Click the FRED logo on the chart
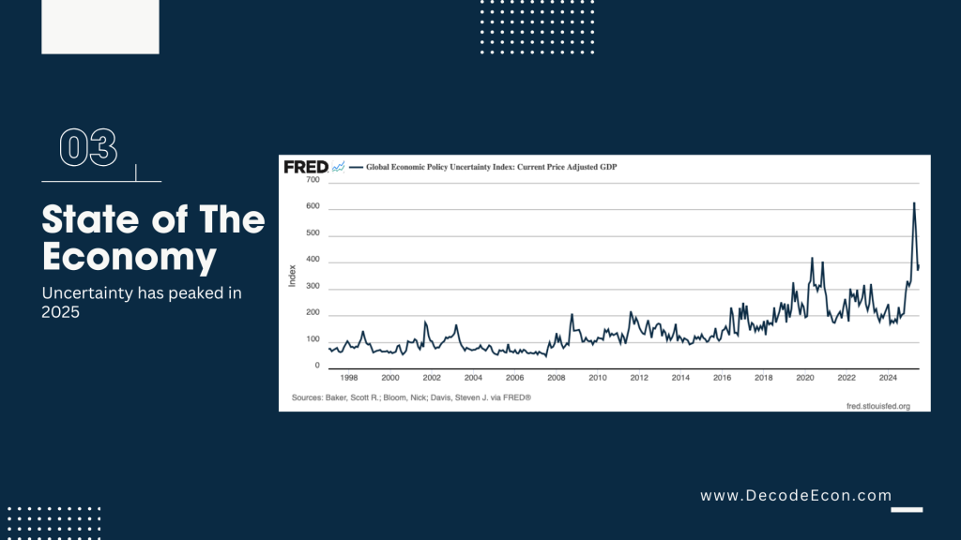[x=306, y=167]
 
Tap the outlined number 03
[x=88, y=148]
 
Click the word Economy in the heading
[x=130, y=256]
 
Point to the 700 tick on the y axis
[x=313, y=179]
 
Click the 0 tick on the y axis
[x=317, y=366]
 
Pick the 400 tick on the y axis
[x=313, y=259]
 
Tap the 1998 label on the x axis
[x=349, y=378]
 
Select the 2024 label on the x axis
[x=888, y=378]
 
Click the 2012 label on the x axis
[x=639, y=378]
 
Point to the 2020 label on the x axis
[x=805, y=378]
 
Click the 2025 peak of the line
[x=914, y=203]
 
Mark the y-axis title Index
[x=292, y=277]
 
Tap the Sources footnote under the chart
[x=412, y=397]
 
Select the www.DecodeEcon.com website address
[x=796, y=495]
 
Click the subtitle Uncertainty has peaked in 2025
[x=142, y=303]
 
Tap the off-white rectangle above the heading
[x=100, y=27]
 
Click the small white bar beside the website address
[x=907, y=510]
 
